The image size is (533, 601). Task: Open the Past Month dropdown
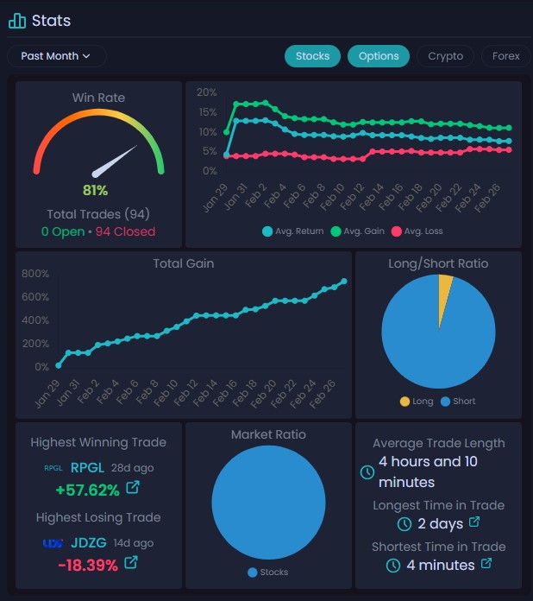pyautogui.click(x=57, y=56)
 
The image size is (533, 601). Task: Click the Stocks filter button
pyautogui.click(x=312, y=56)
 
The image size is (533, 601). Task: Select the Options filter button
pyautogui.click(x=379, y=56)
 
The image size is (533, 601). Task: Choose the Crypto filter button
pyautogui.click(x=446, y=56)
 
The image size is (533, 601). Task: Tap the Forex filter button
pyautogui.click(x=506, y=56)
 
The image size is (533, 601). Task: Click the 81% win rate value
pyautogui.click(x=95, y=190)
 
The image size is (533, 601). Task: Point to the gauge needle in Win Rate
pyautogui.click(x=116, y=161)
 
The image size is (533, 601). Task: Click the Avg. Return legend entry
pyautogui.click(x=292, y=231)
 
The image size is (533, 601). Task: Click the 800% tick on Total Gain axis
pyautogui.click(x=34, y=274)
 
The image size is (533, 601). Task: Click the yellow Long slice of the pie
pyautogui.click(x=445, y=287)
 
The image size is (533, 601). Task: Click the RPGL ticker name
pyautogui.click(x=86, y=467)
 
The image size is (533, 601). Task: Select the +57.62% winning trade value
pyautogui.click(x=87, y=490)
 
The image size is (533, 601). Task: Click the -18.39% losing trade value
pyautogui.click(x=87, y=564)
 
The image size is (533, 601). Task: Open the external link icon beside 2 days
pyautogui.click(x=474, y=523)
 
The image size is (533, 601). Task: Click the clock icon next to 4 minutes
pyautogui.click(x=393, y=566)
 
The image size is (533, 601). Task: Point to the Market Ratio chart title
pyautogui.click(x=268, y=434)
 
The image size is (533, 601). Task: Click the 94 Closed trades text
pyautogui.click(x=125, y=231)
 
